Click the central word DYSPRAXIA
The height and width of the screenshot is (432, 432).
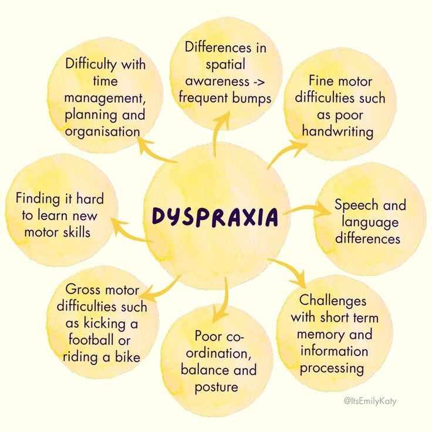215,217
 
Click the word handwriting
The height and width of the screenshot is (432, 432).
338,131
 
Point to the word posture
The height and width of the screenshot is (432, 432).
217,387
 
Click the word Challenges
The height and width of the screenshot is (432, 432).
333,301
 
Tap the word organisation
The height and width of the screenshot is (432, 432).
103,131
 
